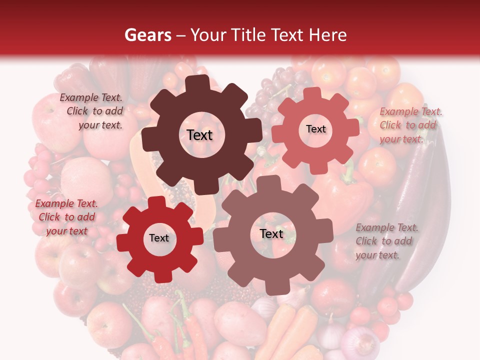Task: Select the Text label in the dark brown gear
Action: [199, 135]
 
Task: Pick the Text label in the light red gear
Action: [315, 129]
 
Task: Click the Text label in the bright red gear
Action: [159, 238]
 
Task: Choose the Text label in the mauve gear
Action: [271, 234]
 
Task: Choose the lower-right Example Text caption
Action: [386, 241]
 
